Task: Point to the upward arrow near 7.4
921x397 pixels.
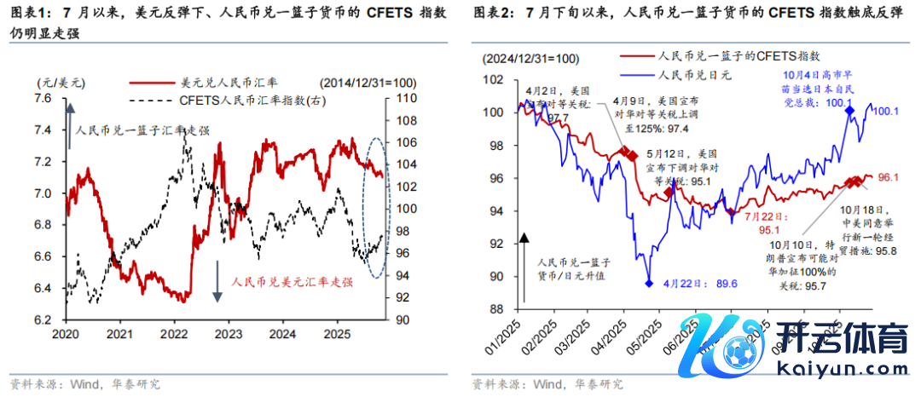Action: [x=69, y=116]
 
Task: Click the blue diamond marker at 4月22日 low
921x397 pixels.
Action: [x=648, y=283]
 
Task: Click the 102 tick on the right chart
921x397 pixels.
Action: [x=495, y=79]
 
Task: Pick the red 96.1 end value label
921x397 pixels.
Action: [x=889, y=178]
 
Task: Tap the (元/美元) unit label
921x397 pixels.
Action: [x=61, y=83]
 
